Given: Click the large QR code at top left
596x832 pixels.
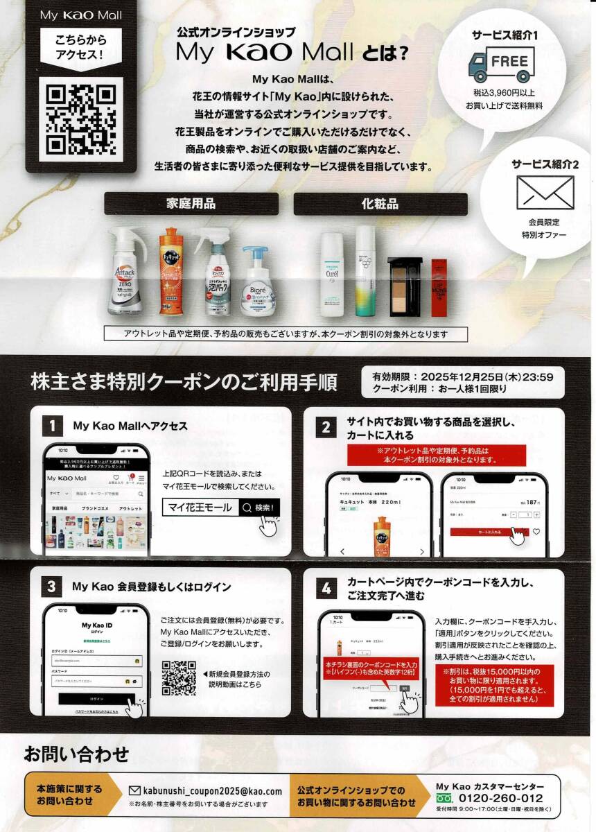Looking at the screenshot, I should pos(81,119).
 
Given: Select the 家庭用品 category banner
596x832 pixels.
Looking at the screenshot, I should pos(191,204).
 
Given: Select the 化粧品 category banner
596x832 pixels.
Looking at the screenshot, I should pos(380,204).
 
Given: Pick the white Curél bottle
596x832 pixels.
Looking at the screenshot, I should pos(332,274).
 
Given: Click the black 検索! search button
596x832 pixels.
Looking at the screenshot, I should pos(259,508).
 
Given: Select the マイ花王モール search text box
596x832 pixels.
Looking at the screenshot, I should pos(200,508).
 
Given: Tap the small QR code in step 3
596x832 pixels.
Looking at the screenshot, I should pos(179,678).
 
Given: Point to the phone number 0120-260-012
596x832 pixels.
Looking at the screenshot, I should pos(502,797).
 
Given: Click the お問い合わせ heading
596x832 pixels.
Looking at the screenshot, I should pos(77,754).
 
